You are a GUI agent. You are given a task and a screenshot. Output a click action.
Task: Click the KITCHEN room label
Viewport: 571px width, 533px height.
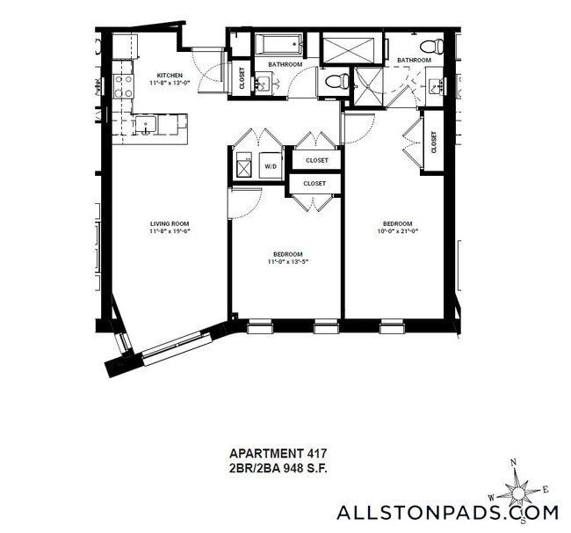click(170, 75)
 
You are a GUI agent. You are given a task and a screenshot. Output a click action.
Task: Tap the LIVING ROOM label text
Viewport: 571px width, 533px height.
click(170, 223)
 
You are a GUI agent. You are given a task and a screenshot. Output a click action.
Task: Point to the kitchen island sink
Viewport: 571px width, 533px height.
click(144, 126)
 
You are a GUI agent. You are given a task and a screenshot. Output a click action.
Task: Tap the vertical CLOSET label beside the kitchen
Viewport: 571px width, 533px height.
click(242, 78)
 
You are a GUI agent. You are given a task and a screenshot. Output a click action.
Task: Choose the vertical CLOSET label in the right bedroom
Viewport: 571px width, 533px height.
click(434, 142)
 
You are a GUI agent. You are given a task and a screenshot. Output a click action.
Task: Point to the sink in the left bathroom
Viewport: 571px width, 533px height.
click(262, 84)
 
